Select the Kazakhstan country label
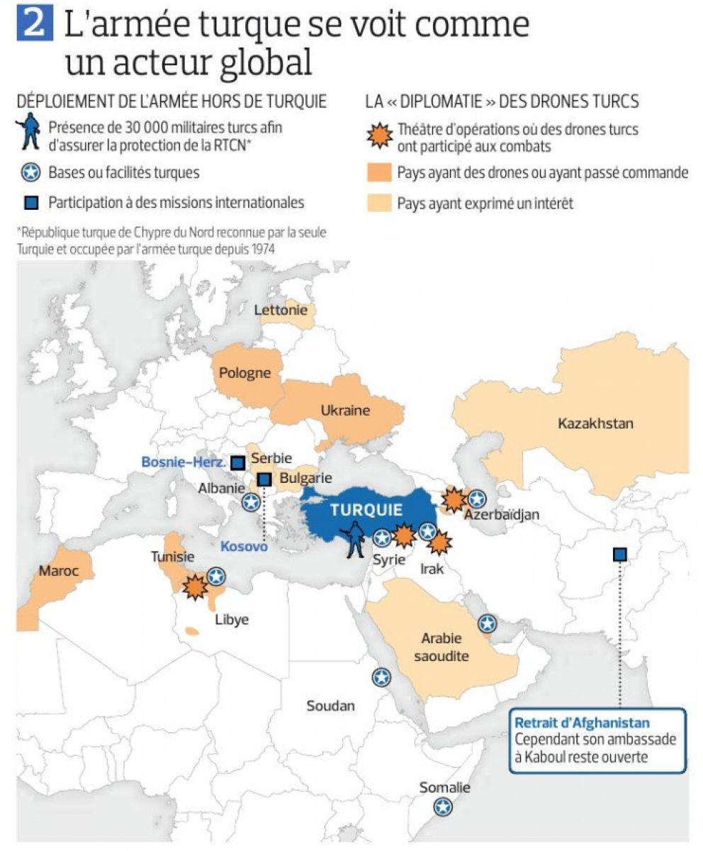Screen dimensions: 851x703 [595, 424]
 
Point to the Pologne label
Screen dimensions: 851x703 [244, 373]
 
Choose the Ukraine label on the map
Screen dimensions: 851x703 [345, 411]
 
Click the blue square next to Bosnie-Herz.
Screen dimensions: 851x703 [238, 462]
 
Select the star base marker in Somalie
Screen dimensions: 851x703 [444, 806]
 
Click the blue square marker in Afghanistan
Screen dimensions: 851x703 [619, 555]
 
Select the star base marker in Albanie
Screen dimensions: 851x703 [251, 502]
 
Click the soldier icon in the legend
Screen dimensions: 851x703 [30, 134]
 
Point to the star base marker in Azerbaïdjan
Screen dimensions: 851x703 [477, 499]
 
